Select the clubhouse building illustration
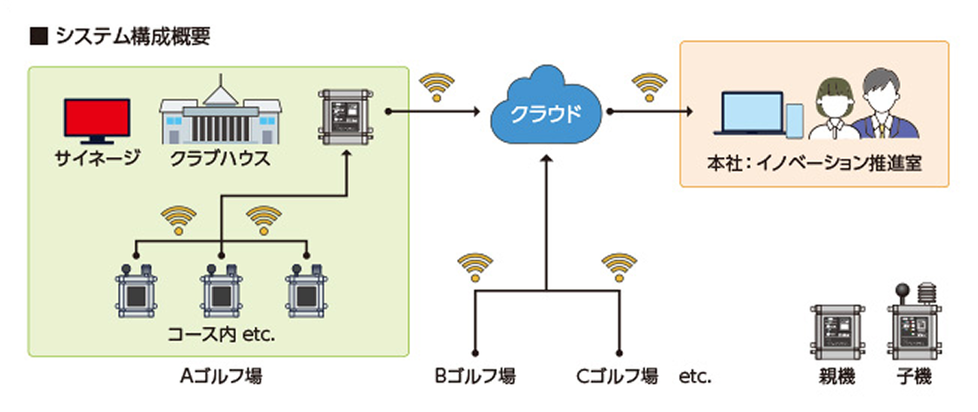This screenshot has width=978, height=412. (220, 116)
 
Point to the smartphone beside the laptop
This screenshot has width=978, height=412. (794, 122)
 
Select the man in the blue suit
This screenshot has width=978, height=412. (884, 105)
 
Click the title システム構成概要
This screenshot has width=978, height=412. (131, 36)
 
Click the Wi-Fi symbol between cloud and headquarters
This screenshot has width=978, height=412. (650, 87)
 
